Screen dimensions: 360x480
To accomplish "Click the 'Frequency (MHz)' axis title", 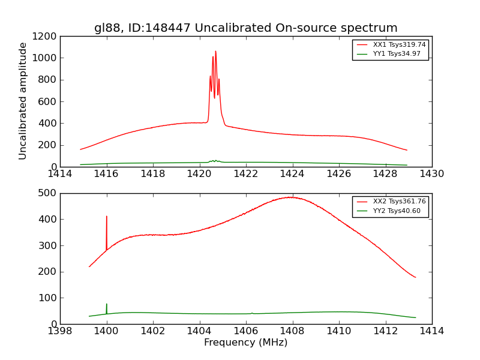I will (245, 343).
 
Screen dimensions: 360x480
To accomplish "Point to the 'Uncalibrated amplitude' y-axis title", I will (23, 101).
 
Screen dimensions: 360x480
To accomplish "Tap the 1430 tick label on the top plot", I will (432, 174).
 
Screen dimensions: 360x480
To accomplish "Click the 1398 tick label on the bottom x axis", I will (60, 331).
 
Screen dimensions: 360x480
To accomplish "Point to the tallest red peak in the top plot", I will (215, 52).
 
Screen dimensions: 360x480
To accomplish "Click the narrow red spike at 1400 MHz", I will (107, 217).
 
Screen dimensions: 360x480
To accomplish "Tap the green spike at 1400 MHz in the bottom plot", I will (107, 305).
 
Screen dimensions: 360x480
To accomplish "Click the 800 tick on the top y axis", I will (48, 80).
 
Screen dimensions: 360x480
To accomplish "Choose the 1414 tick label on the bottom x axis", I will (432, 331).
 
